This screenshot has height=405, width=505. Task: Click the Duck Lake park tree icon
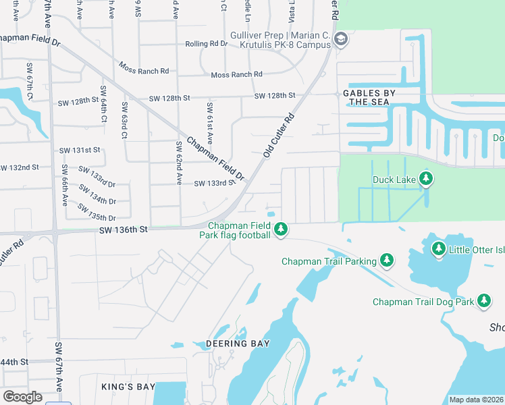(425, 179)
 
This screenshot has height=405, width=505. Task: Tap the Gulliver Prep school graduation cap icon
(340, 39)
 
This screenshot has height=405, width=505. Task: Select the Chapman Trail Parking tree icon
(386, 260)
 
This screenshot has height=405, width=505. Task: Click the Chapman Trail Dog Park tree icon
(484, 301)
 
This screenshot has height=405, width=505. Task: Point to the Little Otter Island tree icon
(438, 250)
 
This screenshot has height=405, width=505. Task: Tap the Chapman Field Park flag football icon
(280, 230)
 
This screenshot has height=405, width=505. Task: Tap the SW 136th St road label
(122, 230)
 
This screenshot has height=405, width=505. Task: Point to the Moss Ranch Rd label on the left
(144, 69)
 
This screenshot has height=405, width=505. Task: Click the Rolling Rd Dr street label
(207, 44)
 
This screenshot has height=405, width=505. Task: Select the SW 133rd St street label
(215, 183)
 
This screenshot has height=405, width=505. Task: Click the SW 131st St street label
(80, 150)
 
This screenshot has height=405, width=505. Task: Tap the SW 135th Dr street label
(97, 212)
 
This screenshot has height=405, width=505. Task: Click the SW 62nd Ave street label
(179, 163)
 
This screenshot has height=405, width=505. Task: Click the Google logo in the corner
(22, 396)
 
